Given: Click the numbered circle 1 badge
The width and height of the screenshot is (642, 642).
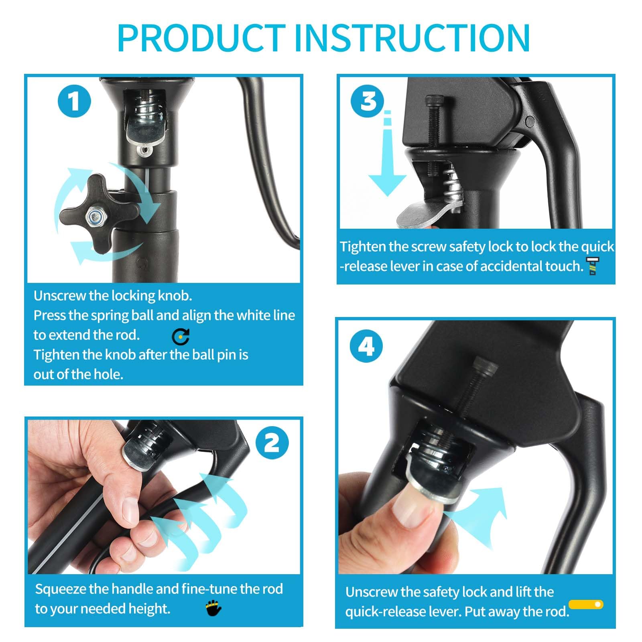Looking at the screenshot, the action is pos(74,101).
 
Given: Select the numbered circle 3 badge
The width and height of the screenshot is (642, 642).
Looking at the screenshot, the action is pos(368,102).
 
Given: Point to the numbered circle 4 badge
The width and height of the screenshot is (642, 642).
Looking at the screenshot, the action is pos(366,346).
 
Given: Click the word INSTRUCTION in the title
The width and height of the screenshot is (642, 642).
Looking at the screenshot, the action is pos(412,38).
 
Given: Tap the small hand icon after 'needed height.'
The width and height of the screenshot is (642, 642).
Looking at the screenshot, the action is pos(213,608).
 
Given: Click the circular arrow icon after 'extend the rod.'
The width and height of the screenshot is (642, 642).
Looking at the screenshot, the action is pos(181,337).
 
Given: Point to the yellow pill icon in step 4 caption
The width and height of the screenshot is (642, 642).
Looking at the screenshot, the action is pos(586,604).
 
